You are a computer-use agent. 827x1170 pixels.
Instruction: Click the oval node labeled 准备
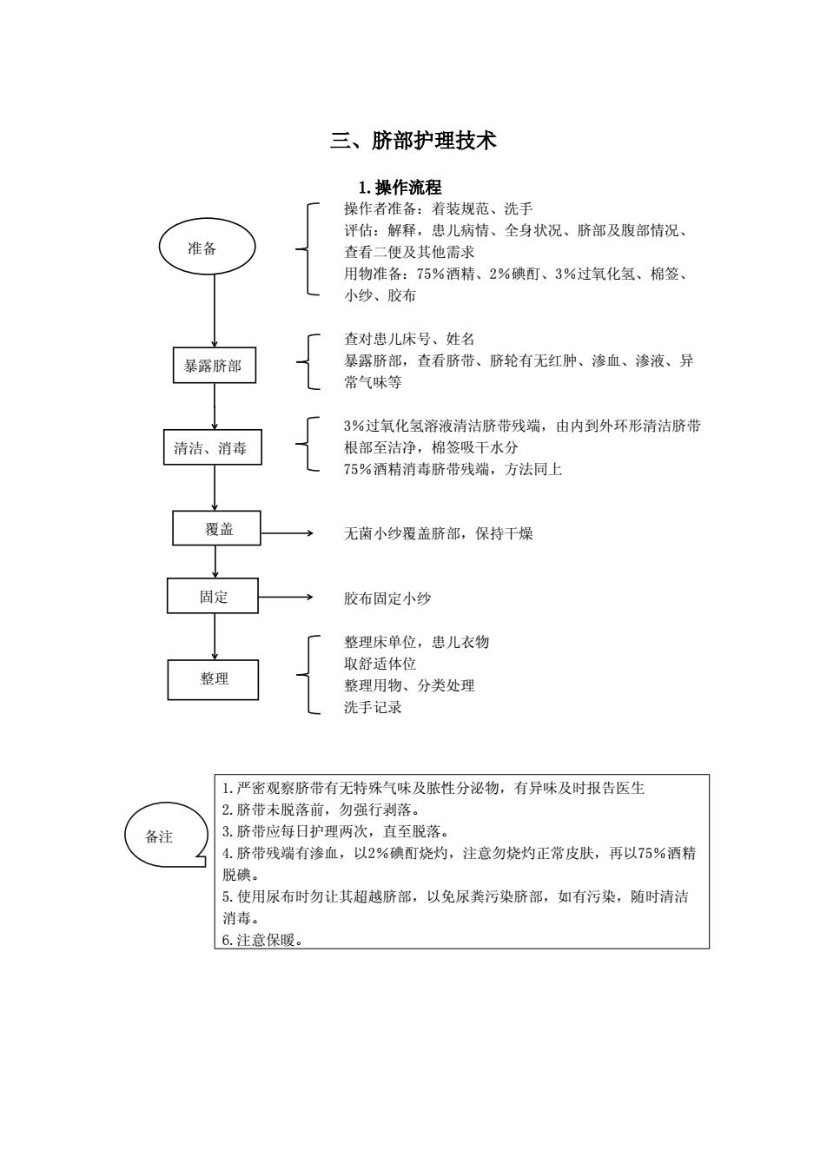point(207,247)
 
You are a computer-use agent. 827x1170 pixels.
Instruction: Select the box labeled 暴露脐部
point(215,365)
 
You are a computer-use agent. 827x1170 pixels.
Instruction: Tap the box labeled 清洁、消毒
point(213,447)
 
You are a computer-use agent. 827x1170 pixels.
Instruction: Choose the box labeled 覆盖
point(217,528)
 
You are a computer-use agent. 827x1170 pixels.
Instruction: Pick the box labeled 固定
point(213,596)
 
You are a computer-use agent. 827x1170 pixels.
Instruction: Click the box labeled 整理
point(213,679)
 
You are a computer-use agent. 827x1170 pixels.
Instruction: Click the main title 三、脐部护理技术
point(413,140)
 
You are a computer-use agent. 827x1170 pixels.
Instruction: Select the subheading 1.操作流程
point(400,187)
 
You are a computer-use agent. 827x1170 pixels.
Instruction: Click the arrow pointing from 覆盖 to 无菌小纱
point(287,533)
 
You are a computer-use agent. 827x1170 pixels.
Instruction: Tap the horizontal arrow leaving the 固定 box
point(285,597)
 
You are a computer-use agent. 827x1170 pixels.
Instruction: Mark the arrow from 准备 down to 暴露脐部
point(215,311)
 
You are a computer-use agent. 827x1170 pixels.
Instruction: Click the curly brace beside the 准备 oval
point(308,249)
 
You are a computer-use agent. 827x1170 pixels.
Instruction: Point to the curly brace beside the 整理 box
point(308,675)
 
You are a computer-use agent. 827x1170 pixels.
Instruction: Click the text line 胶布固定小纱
point(387,598)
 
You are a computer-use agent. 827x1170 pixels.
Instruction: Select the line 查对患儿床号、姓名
point(409,339)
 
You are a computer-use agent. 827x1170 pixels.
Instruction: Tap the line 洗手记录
point(373,707)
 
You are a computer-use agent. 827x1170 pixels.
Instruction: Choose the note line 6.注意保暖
point(262,940)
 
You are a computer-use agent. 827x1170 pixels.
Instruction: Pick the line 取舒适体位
point(380,664)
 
